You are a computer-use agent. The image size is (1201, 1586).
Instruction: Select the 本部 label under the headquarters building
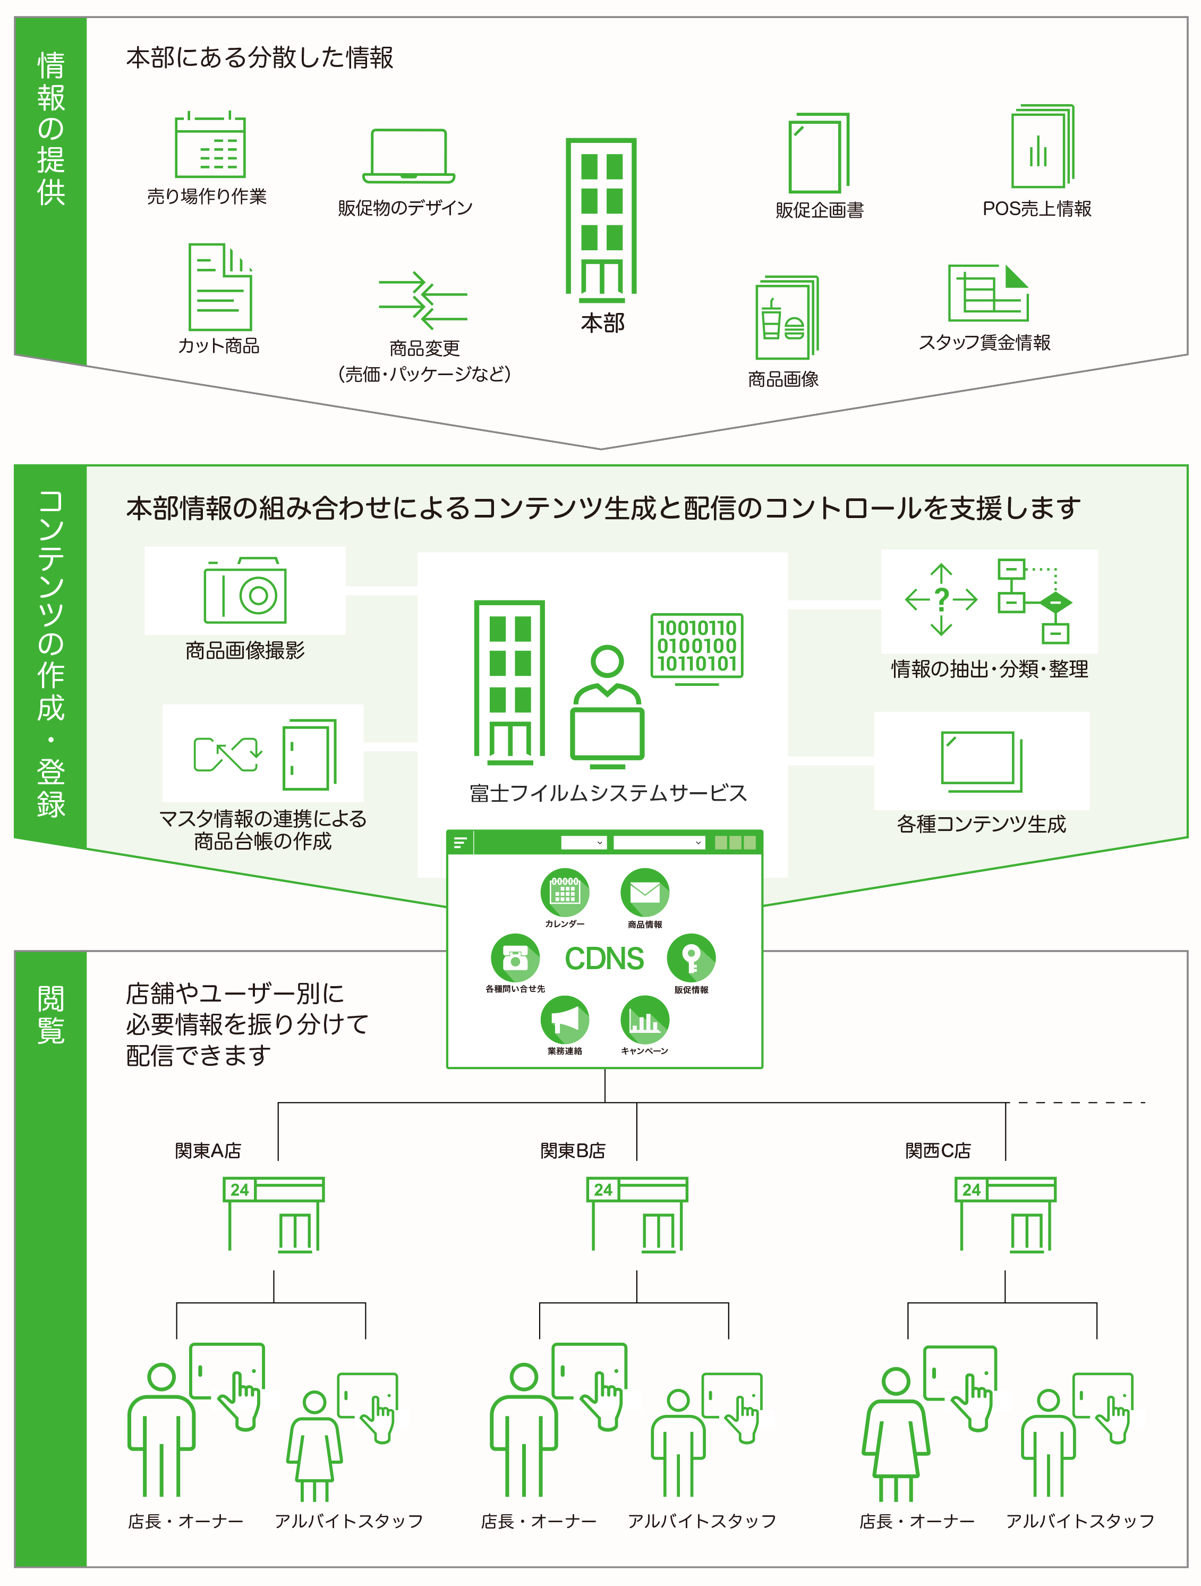(602, 324)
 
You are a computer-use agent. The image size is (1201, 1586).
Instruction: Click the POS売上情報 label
(1036, 209)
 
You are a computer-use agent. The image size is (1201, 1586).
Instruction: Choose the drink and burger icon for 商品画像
(786, 318)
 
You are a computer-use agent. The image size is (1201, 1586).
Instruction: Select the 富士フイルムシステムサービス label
(608, 793)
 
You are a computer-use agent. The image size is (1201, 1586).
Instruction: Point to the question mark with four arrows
(941, 599)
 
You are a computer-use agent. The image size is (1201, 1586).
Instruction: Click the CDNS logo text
(604, 959)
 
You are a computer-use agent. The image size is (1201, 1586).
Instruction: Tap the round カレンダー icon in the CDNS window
(564, 893)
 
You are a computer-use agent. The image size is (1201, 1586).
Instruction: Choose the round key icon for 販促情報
(691, 957)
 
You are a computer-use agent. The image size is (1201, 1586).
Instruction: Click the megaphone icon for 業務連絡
(564, 1020)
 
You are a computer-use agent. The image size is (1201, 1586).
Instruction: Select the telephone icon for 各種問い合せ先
(515, 957)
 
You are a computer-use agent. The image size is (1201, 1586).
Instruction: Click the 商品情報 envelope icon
(645, 893)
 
